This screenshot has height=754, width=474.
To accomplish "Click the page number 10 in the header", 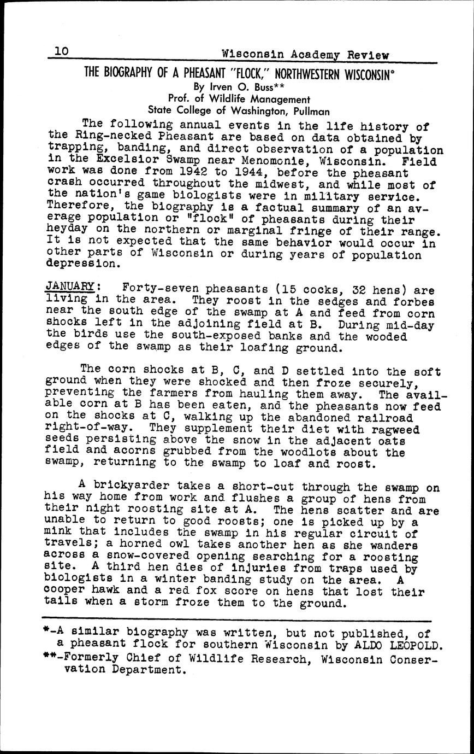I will tap(60, 51).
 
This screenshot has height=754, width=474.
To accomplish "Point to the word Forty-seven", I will tap(156, 288).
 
